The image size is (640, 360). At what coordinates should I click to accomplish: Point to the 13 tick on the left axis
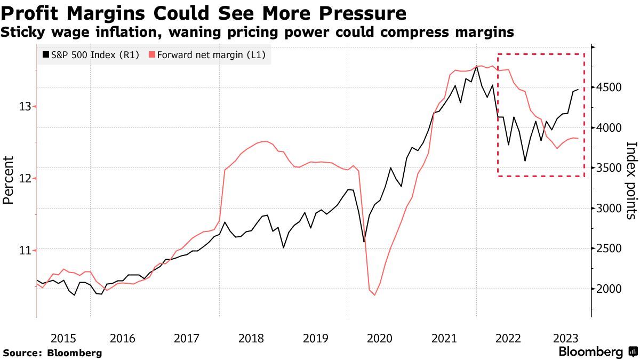(25, 107)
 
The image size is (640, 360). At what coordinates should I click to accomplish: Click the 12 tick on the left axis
(25, 178)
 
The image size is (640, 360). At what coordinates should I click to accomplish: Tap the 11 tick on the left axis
(25, 250)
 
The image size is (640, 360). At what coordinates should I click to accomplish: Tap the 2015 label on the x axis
(63, 338)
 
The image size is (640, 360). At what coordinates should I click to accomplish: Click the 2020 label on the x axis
(380, 338)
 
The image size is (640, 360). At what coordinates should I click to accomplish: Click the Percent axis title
(7, 180)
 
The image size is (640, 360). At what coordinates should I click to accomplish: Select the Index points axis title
(631, 180)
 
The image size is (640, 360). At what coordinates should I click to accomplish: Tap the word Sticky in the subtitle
(23, 33)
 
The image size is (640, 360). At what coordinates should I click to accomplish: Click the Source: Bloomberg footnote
(52, 353)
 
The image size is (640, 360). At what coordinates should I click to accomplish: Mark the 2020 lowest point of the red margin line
(374, 295)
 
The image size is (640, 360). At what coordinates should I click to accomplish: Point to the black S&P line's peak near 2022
(476, 66)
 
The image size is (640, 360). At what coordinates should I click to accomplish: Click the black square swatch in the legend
(46, 54)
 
